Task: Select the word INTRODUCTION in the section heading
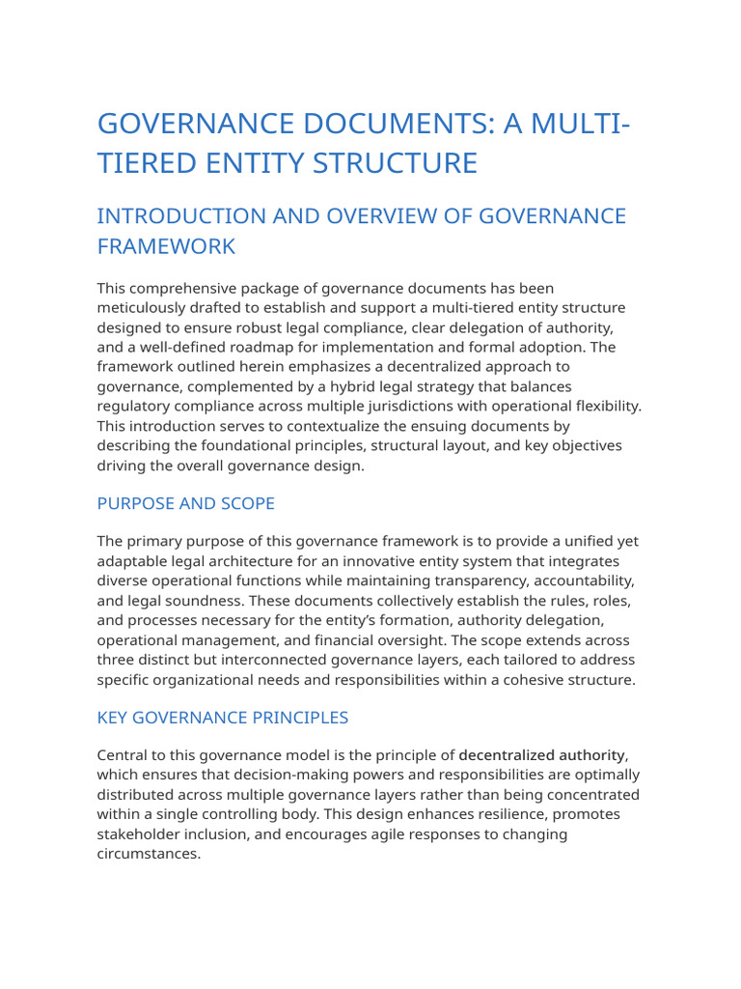point(179,215)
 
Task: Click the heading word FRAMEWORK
point(166,246)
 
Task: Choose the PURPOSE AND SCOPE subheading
point(186,503)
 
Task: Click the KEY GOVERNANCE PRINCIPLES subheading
point(223,718)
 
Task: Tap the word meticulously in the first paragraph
point(144,308)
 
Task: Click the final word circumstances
point(148,854)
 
